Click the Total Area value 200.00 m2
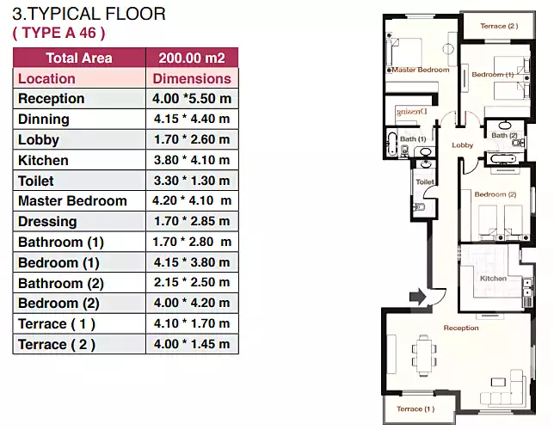(x=192, y=58)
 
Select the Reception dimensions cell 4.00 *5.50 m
(x=192, y=98)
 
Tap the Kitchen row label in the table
(x=43, y=161)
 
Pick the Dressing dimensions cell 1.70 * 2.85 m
(x=192, y=221)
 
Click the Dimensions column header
(x=192, y=78)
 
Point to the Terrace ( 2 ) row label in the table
(x=57, y=345)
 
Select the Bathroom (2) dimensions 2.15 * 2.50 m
(x=192, y=282)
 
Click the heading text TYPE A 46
(x=58, y=33)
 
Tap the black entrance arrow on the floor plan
(x=417, y=296)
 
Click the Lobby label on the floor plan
(x=463, y=145)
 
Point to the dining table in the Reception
(x=424, y=355)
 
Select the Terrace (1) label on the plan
(x=415, y=408)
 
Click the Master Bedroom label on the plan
(x=421, y=70)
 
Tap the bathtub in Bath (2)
(x=502, y=159)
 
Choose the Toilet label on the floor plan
(x=425, y=182)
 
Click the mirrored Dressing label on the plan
(x=412, y=112)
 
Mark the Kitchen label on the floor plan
(x=493, y=279)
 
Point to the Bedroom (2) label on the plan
(x=496, y=194)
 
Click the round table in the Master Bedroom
(x=448, y=48)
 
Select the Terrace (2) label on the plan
(x=499, y=26)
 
